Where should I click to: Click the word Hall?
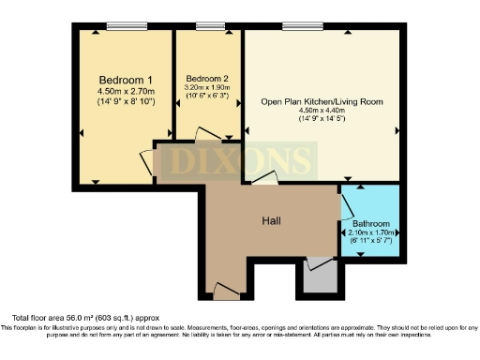(273, 221)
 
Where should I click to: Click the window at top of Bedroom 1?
(121, 27)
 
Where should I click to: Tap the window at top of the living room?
(299, 27)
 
